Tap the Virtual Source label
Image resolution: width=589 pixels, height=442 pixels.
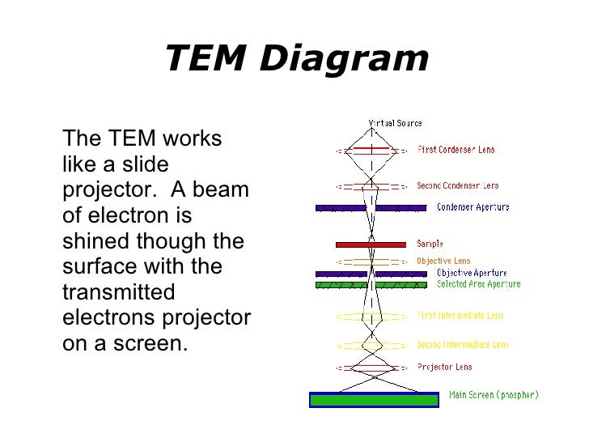click(x=395, y=123)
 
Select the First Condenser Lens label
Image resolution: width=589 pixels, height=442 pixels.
click(x=456, y=150)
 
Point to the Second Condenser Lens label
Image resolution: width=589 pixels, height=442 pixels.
click(x=457, y=185)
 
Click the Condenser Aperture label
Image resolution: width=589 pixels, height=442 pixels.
click(x=473, y=207)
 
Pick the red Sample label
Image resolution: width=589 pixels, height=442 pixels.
click(x=430, y=244)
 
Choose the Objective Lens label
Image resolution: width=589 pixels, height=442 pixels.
click(x=443, y=261)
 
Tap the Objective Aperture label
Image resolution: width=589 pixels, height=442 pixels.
click(x=472, y=273)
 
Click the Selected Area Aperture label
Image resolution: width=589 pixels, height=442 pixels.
click(x=478, y=284)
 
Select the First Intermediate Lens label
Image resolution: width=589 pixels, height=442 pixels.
click(x=460, y=315)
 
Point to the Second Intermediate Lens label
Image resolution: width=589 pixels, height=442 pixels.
click(x=463, y=345)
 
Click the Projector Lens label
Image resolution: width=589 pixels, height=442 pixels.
click(x=444, y=367)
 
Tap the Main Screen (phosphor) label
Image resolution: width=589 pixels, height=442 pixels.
click(x=494, y=396)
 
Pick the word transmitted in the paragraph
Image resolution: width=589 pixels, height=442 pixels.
click(x=113, y=291)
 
